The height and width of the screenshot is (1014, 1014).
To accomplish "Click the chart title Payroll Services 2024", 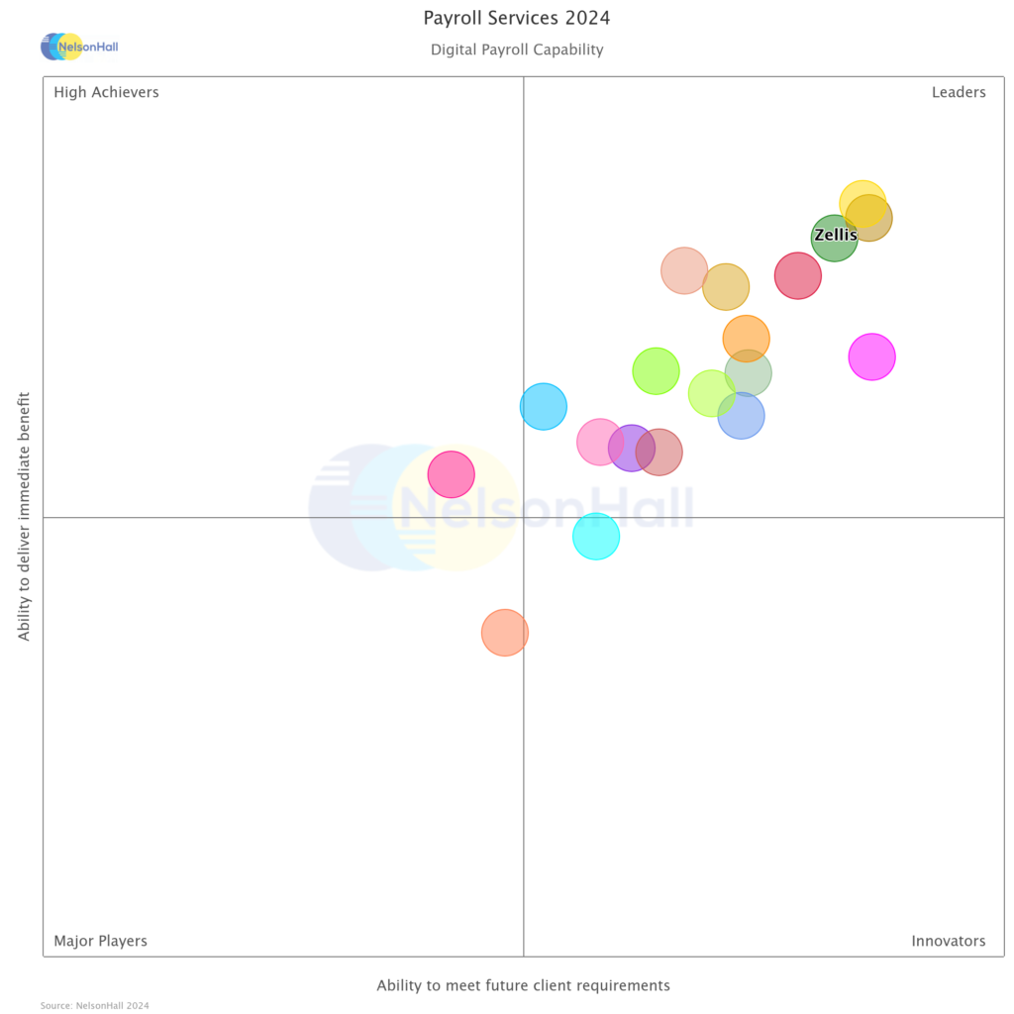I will click(x=516, y=18).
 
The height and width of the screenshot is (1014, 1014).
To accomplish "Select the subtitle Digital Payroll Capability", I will click(x=516, y=50).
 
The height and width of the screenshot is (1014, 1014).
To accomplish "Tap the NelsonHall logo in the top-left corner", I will click(x=78, y=47).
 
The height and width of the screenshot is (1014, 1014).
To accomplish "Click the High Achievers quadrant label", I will click(x=106, y=92).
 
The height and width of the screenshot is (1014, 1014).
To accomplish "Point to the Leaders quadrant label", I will click(x=958, y=92).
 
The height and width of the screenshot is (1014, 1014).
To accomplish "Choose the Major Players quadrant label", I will click(x=100, y=941).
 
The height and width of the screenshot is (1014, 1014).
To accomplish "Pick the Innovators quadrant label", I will click(x=948, y=941).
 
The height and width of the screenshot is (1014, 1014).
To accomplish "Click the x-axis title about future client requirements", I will click(x=523, y=985).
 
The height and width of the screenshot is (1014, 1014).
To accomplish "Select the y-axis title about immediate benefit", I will click(x=25, y=515).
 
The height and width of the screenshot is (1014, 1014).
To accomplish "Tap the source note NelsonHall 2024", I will click(x=94, y=1005).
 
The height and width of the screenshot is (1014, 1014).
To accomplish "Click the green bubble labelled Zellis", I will click(x=834, y=238).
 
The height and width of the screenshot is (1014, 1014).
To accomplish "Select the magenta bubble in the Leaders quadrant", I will click(x=871, y=356).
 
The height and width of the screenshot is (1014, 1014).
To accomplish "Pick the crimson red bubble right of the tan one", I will click(x=797, y=275).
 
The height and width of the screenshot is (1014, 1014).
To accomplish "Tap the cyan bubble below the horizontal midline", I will click(x=595, y=537).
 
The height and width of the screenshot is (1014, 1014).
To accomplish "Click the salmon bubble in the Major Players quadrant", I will click(x=504, y=632).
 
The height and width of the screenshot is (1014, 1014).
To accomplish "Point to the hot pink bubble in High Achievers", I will click(x=451, y=474).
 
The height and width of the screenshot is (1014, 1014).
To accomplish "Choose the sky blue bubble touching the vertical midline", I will click(x=543, y=406).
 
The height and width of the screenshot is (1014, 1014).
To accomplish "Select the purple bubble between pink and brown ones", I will click(x=631, y=449).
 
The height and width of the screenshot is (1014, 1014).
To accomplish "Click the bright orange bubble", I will click(x=746, y=339).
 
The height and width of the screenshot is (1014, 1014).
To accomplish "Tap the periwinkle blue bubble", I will click(x=741, y=415).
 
